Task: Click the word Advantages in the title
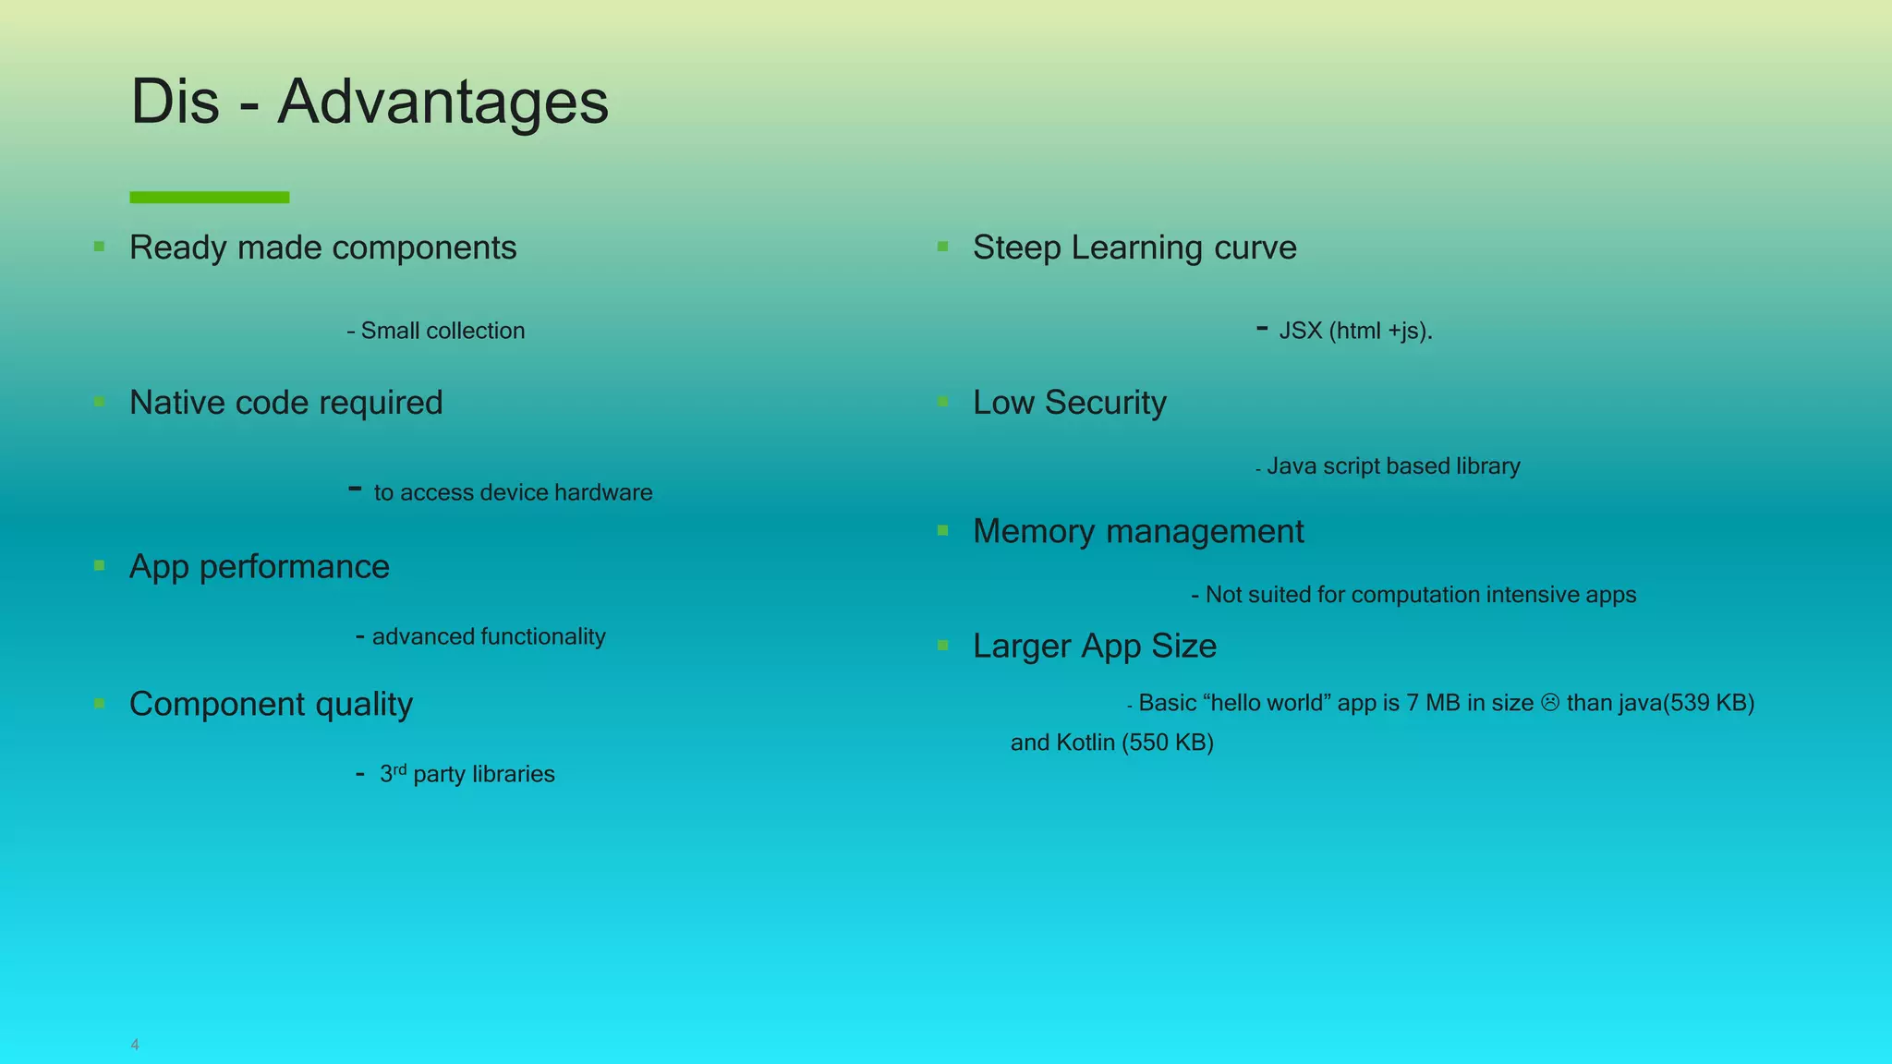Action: pyautogui.click(x=443, y=102)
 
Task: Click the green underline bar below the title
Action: pyautogui.click(x=210, y=197)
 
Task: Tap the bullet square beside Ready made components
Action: pyautogui.click(x=100, y=247)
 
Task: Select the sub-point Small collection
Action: pyautogui.click(x=442, y=331)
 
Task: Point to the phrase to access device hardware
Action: pyautogui.click(x=513, y=492)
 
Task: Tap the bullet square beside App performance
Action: pyautogui.click(x=100, y=565)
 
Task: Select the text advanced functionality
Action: pyautogui.click(x=488, y=636)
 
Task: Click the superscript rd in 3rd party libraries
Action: pyautogui.click(x=400, y=768)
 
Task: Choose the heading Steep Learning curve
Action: pyautogui.click(x=1134, y=248)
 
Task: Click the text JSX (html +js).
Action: pyautogui.click(x=1355, y=331)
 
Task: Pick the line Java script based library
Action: pyautogui.click(x=1392, y=466)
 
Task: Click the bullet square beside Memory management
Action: pyautogui.click(x=943, y=530)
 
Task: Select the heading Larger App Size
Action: pyautogui.click(x=1094, y=646)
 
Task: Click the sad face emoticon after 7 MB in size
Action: pyautogui.click(x=1550, y=703)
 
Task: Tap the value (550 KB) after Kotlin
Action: pyautogui.click(x=1167, y=743)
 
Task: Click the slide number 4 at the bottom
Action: pyautogui.click(x=135, y=1045)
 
